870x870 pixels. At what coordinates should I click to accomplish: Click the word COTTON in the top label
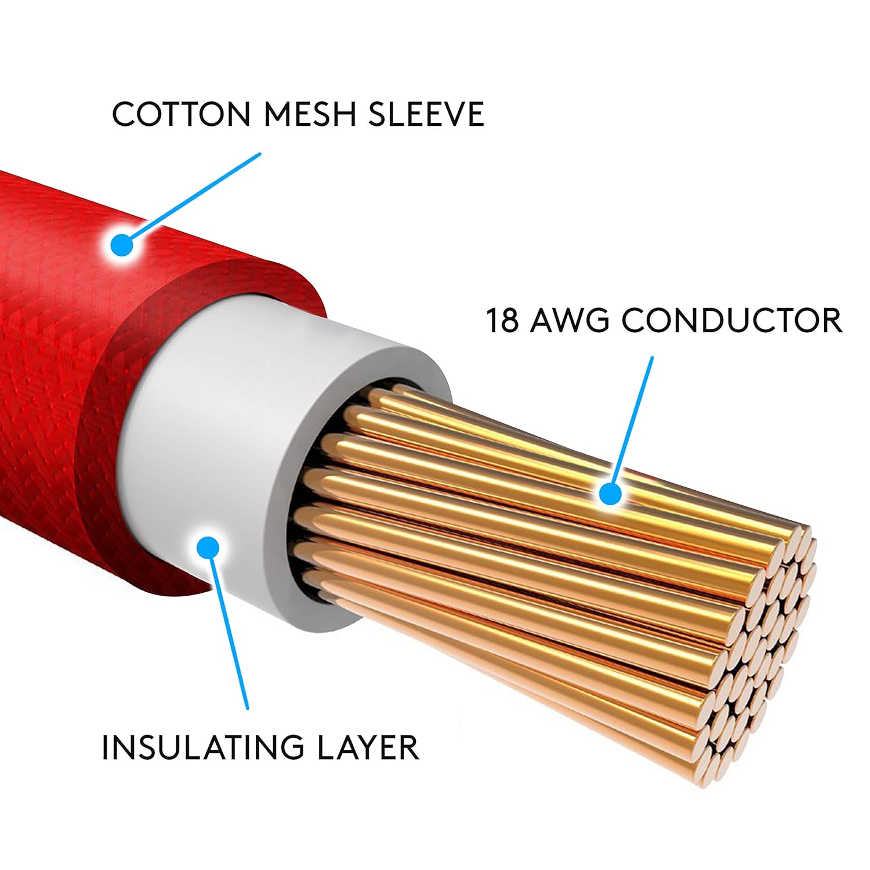[182, 114]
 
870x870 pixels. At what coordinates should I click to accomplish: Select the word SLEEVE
[426, 114]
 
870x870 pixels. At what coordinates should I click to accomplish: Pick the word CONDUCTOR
[732, 320]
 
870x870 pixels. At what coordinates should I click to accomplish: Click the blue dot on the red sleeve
[122, 245]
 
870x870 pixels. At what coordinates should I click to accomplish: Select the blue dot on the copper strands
[610, 494]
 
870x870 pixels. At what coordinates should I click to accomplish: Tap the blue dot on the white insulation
[208, 547]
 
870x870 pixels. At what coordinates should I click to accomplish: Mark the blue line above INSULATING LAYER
[229, 632]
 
